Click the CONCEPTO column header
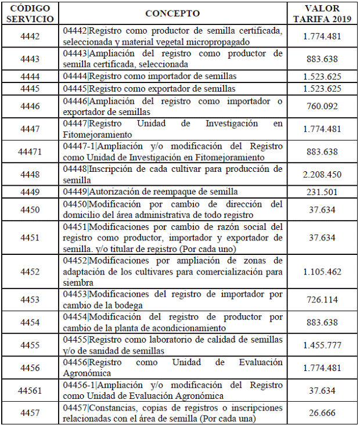pyautogui.click(x=172, y=13)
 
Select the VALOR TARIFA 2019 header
pyautogui.click(x=322, y=13)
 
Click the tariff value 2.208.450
pyautogui.click(x=322, y=174)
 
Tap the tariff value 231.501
pyautogui.click(x=322, y=192)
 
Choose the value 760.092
pyautogui.click(x=322, y=106)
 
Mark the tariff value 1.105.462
pyautogui.click(x=322, y=271)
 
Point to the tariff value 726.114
pyautogui.click(x=322, y=299)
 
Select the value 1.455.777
pyautogui.click(x=322, y=345)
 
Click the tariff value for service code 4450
pyautogui.click(x=322, y=209)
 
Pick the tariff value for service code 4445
pyautogui.click(x=322, y=89)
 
